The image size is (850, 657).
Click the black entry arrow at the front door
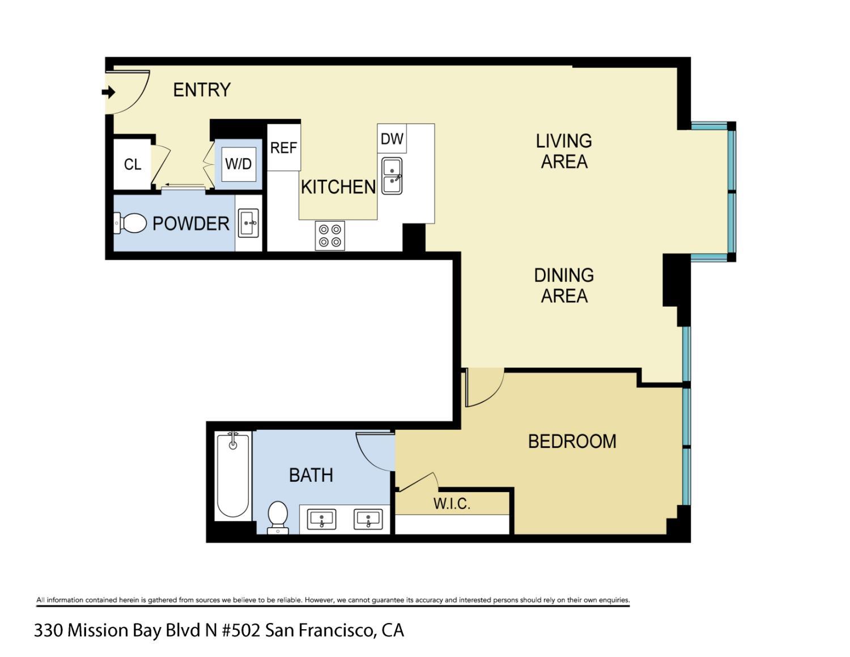point(108,92)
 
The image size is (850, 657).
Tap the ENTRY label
point(202,90)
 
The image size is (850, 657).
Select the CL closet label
point(133,164)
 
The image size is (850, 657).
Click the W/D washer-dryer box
point(239,164)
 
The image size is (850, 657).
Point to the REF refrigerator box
point(283,148)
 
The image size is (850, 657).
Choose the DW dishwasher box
point(392,139)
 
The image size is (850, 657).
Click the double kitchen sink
point(392,176)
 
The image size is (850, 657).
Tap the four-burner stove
point(330,236)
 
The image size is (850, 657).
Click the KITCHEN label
point(338,187)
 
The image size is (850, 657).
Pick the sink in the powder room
point(248,223)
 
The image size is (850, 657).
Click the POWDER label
point(191,224)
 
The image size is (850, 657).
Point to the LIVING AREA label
point(564,151)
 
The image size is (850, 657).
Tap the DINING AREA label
point(564,286)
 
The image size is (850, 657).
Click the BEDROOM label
point(572,442)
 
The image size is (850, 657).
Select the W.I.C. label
point(452,504)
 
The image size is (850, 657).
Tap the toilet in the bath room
point(278,516)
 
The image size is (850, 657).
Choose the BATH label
point(311,475)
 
